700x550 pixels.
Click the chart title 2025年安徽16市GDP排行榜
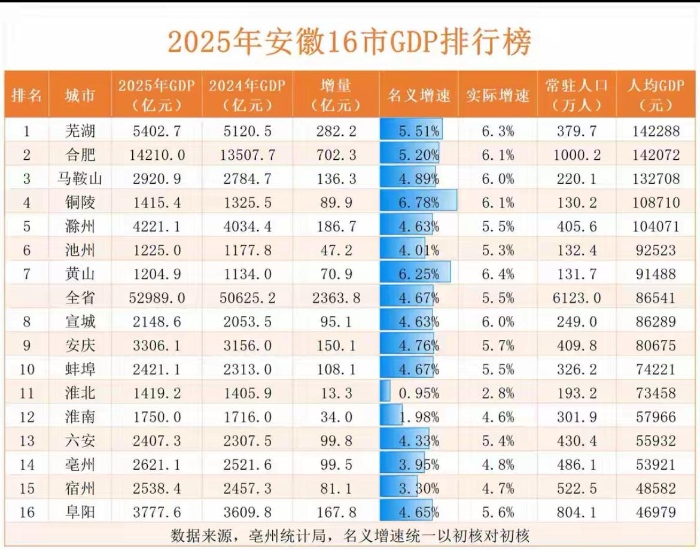(x=349, y=43)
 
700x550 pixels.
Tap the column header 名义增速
(x=419, y=95)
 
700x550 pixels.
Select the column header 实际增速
(x=498, y=95)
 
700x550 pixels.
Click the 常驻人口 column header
(x=577, y=95)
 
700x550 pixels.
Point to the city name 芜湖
(x=80, y=131)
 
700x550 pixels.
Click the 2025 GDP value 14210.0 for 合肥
(x=157, y=155)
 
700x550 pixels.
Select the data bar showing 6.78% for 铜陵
(x=419, y=202)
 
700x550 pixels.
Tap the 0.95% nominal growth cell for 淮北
(x=419, y=393)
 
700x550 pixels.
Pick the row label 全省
(x=80, y=297)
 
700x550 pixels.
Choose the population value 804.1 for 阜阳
(x=577, y=512)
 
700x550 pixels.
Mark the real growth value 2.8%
(x=498, y=393)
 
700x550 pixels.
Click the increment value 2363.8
(x=336, y=297)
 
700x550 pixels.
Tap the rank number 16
(x=26, y=512)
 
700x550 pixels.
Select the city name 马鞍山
(x=80, y=179)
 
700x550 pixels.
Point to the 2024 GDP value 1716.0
(x=247, y=417)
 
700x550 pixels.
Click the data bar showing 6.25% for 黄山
(x=416, y=274)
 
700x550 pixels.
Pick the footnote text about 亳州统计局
(x=349, y=535)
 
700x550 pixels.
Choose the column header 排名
(x=26, y=95)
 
